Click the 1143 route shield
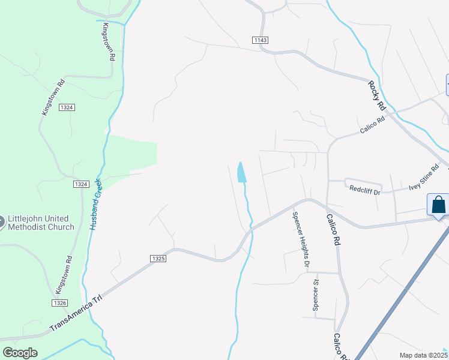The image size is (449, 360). (260, 40)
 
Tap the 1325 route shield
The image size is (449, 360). (158, 258)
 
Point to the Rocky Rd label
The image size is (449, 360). (376, 94)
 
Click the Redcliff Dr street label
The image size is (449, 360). (365, 190)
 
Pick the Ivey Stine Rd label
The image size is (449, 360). (424, 178)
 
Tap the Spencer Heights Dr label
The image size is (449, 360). (301, 239)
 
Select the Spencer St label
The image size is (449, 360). (316, 294)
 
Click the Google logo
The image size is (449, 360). (20, 352)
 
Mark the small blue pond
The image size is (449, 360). (241, 172)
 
